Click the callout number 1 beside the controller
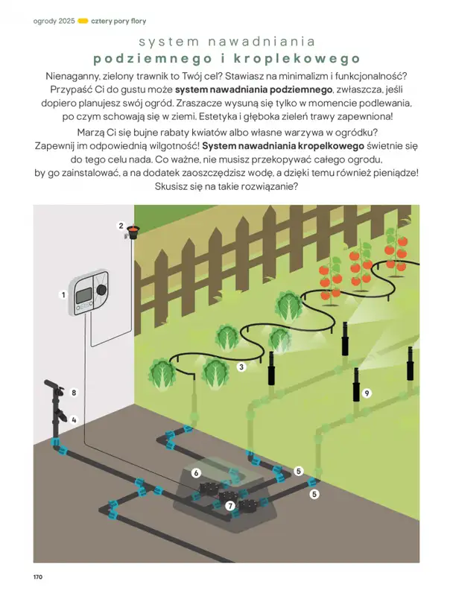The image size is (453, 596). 64,295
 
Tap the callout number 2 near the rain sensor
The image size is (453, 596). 121,225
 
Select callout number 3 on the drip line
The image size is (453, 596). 241,367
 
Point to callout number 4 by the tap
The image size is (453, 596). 74,419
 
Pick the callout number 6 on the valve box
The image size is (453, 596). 196,472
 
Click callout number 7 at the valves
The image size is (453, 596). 230,507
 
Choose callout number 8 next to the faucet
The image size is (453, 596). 74,392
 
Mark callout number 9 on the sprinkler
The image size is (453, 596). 367,392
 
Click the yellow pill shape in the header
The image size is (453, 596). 83,20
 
